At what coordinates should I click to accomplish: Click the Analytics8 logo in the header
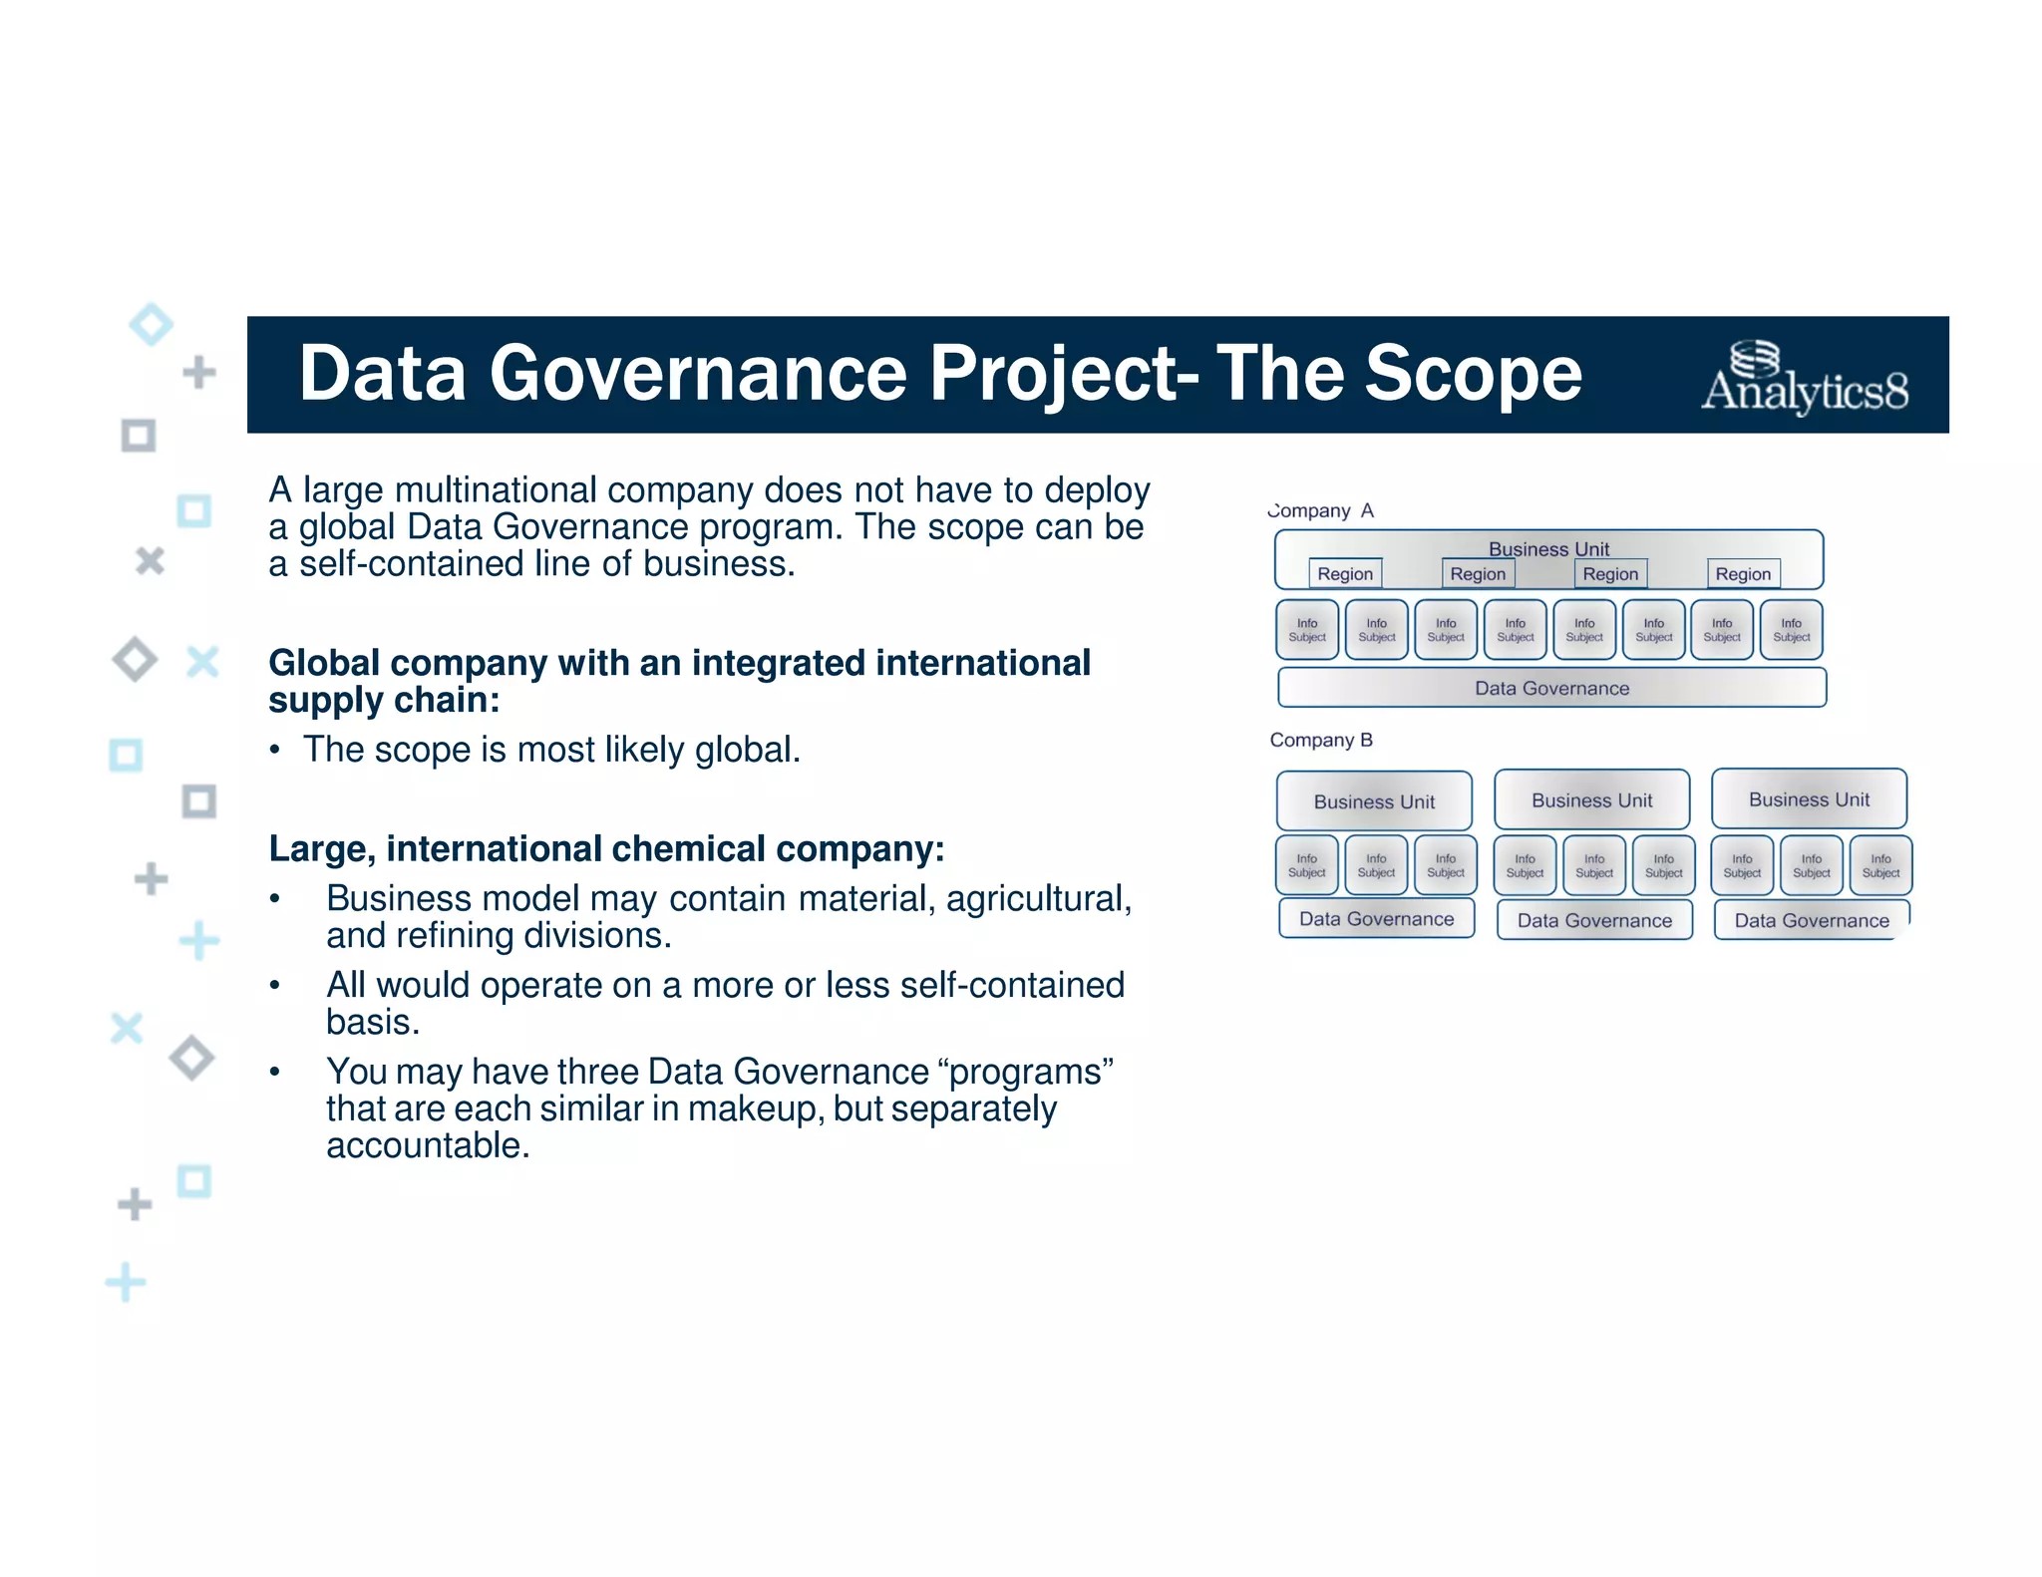[x=1805, y=378]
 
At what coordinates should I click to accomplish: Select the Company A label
[x=1320, y=510]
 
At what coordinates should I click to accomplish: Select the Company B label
[x=1321, y=740]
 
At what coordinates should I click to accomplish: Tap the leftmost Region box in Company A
[x=1345, y=573]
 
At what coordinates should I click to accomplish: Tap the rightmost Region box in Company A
[x=1743, y=573]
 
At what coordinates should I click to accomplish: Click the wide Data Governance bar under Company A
[x=1551, y=688]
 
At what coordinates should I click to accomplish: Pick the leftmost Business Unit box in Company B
[x=1374, y=801]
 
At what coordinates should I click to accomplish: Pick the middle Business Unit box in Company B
[x=1591, y=800]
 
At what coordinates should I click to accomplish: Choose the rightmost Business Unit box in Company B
[x=1809, y=799]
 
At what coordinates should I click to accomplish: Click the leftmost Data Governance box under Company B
[x=1376, y=919]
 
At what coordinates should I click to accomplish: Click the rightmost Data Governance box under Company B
[x=1812, y=920]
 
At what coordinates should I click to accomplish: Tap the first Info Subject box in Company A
[x=1307, y=630]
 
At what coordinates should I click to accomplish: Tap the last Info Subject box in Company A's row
[x=1791, y=630]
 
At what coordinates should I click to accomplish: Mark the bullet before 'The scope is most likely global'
[x=274, y=751]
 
